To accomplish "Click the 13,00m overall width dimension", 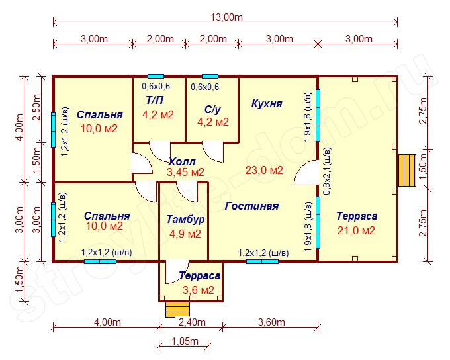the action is [x=227, y=17].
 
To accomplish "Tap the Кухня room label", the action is [x=267, y=103].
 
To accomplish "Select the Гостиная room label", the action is [x=251, y=206].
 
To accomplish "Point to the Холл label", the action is [x=182, y=162].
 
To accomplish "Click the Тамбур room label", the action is [x=185, y=219].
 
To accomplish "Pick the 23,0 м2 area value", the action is [x=264, y=170].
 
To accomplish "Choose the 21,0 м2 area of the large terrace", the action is [x=356, y=230].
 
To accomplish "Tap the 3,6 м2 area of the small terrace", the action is [x=199, y=290].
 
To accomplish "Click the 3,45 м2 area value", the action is [x=185, y=172].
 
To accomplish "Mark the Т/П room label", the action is [x=155, y=100].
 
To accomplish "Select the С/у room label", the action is [x=212, y=110].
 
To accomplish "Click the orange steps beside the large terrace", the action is [x=407, y=170].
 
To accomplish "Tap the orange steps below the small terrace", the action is [x=177, y=309].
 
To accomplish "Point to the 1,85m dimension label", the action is [x=185, y=341].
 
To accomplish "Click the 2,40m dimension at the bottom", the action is [x=192, y=322].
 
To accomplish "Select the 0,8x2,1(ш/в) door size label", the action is [x=327, y=171].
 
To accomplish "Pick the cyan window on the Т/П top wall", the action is [x=156, y=76].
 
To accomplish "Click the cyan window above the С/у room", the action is [x=210, y=76].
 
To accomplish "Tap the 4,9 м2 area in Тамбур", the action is [x=185, y=234].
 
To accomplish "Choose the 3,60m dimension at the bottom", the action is [x=271, y=322].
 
